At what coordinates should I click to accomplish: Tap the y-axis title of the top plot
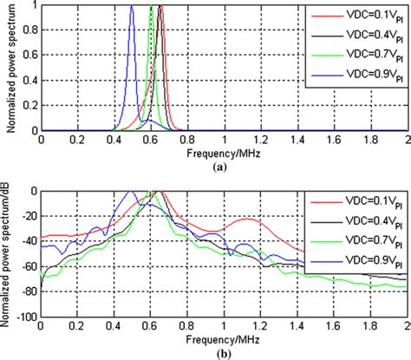[8, 68]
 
